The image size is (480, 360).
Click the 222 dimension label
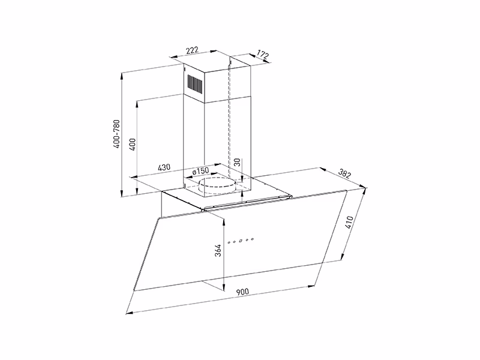click(193, 50)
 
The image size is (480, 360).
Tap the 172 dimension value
click(262, 55)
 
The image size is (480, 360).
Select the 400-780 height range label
click(116, 134)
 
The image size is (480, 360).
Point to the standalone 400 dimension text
click(132, 144)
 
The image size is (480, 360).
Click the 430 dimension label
click(164, 167)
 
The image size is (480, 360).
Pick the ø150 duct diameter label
click(200, 171)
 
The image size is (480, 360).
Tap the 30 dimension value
click(238, 162)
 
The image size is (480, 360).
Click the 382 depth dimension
click(344, 174)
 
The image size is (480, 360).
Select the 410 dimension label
click(349, 223)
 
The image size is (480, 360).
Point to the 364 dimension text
click(218, 250)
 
